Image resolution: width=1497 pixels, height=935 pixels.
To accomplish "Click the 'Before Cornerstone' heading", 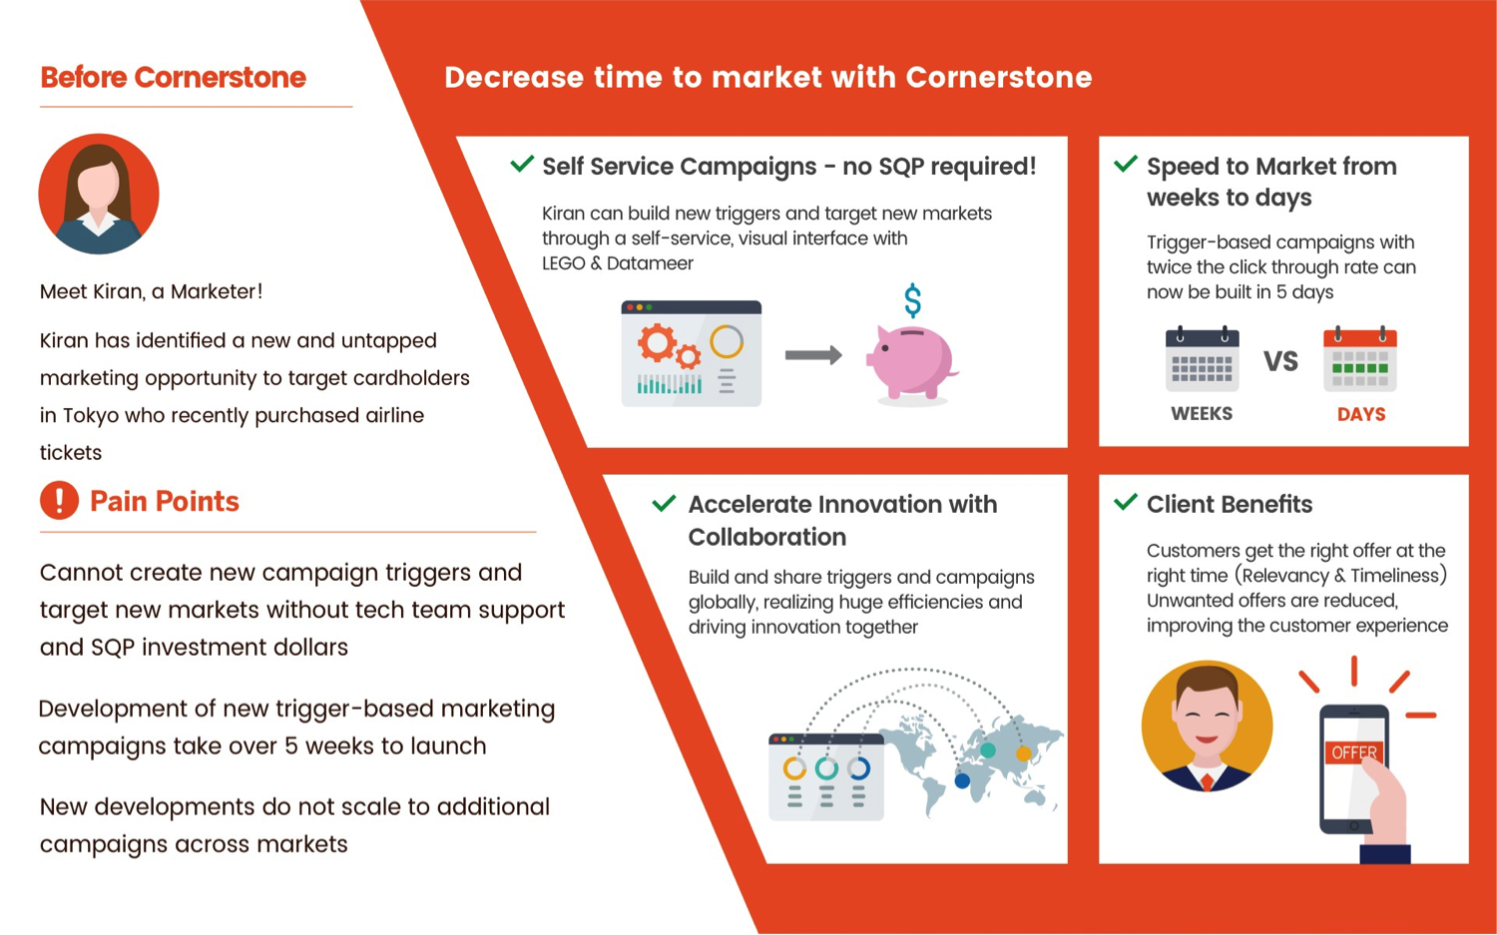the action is point(173,78).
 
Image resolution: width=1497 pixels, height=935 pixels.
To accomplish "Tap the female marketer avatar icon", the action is point(99,194).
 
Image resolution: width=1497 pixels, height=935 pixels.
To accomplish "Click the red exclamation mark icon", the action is point(59,501).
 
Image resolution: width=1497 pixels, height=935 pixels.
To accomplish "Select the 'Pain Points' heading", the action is point(165,501).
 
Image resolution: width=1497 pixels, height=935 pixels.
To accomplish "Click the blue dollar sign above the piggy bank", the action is point(912,300).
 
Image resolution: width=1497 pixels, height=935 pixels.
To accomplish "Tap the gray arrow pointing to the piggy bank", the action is point(813,355).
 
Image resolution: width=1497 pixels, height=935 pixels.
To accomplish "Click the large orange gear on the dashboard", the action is point(657,342).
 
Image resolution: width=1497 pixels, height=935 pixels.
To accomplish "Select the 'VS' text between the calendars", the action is point(1280,361).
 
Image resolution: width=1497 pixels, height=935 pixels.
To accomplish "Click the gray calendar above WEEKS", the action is point(1203,359).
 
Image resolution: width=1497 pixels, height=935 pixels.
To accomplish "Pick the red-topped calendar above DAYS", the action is point(1360,359).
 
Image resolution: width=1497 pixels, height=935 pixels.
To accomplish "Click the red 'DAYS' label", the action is point(1361,414).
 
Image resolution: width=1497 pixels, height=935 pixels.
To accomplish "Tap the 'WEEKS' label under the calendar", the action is point(1202,414).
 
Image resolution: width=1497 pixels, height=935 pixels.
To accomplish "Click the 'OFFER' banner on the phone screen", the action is point(1354,752).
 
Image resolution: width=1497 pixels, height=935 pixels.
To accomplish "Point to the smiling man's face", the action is point(1207,718).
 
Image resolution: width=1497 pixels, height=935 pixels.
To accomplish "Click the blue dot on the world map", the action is point(962,780).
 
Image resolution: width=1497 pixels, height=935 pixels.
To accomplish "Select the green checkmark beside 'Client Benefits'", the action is point(1126,501).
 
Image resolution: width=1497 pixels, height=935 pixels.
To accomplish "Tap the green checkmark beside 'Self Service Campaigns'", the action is point(522,163).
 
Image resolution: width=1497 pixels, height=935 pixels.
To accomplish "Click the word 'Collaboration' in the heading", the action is point(767,537).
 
